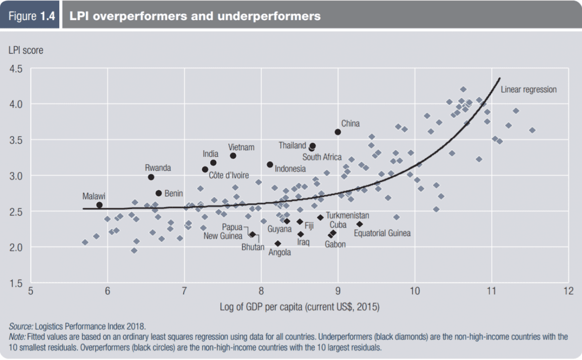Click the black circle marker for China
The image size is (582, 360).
pos(338,132)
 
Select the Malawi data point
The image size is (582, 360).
pos(99,205)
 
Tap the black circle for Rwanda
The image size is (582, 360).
pos(151,177)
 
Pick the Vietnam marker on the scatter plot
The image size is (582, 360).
pos(233,156)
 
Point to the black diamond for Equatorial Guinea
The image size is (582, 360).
pos(359,224)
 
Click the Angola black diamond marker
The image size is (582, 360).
pos(277,244)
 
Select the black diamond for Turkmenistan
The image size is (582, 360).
pos(320,217)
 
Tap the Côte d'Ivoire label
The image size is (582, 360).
pos(229,176)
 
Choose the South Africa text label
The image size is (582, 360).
pos(322,157)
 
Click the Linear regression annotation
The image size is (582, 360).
pos(528,89)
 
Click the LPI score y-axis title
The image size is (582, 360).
pos(25,50)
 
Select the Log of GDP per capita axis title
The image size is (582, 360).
pos(300,306)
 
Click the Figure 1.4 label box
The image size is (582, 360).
pos(32,16)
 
